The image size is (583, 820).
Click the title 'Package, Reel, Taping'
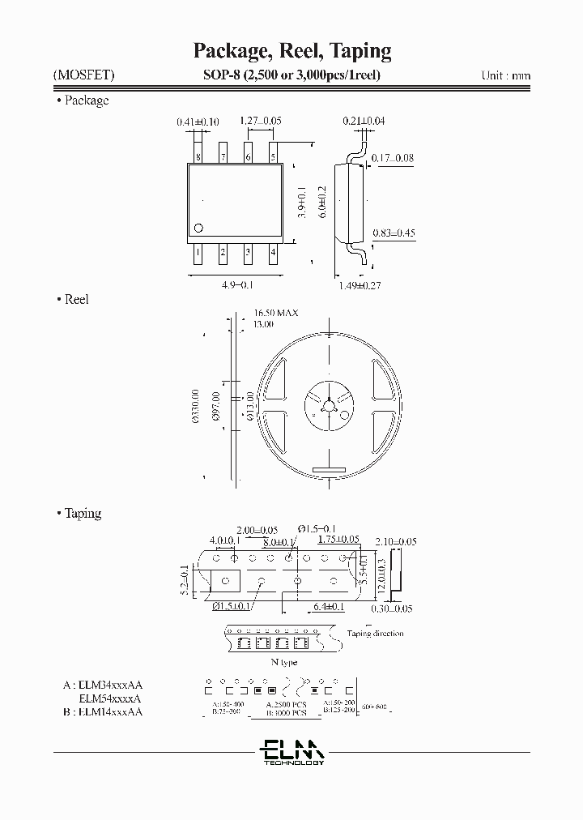point(291,51)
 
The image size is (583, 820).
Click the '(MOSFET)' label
point(84,75)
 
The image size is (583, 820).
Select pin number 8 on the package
point(198,156)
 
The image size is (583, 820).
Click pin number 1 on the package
point(198,252)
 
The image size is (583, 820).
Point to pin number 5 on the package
point(273,156)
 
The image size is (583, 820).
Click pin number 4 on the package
point(273,252)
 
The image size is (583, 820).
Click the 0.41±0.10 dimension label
point(198,122)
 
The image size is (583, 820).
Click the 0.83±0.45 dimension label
point(394,233)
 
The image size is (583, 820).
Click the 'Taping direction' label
point(375,634)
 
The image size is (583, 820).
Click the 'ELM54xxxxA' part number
point(110,698)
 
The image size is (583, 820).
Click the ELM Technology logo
point(292,750)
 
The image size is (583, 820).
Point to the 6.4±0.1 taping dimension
point(328,606)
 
